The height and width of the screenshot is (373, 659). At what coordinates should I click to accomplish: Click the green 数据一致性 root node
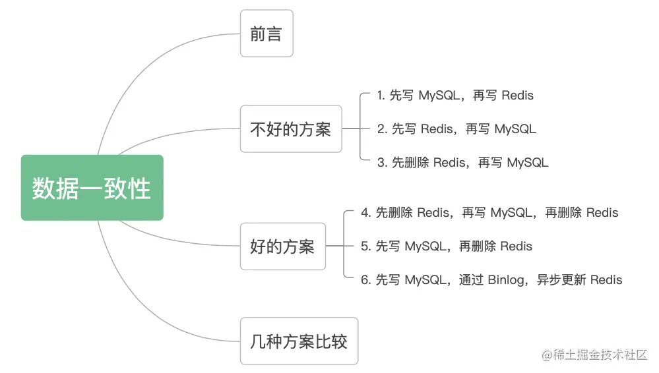click(x=92, y=188)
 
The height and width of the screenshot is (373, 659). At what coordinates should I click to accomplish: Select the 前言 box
click(x=266, y=34)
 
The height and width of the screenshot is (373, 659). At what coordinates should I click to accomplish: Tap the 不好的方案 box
click(x=290, y=129)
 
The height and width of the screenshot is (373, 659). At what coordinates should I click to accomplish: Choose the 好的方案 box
click(x=282, y=246)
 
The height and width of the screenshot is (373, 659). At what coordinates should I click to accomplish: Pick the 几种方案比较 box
click(x=299, y=341)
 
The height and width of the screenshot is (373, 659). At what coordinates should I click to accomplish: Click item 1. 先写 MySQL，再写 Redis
click(x=455, y=96)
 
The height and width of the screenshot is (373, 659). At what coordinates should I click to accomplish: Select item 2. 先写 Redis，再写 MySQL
click(x=456, y=129)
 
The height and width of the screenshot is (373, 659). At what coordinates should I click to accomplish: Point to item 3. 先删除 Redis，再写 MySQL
click(x=462, y=162)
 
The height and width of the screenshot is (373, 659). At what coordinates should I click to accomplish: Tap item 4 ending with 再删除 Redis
click(x=489, y=213)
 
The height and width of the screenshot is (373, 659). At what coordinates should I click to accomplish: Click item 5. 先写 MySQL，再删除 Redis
click(x=447, y=246)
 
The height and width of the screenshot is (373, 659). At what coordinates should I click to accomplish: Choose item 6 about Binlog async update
click(x=491, y=280)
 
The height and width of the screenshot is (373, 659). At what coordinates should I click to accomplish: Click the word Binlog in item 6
click(x=505, y=280)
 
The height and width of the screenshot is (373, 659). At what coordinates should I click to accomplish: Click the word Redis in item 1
click(x=517, y=96)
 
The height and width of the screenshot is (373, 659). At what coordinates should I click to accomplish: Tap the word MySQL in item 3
click(x=527, y=162)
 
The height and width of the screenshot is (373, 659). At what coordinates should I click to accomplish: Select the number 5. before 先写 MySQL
click(x=366, y=246)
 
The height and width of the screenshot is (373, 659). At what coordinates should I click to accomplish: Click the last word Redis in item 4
click(x=602, y=213)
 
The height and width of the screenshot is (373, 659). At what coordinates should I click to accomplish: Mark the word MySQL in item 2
click(x=515, y=129)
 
